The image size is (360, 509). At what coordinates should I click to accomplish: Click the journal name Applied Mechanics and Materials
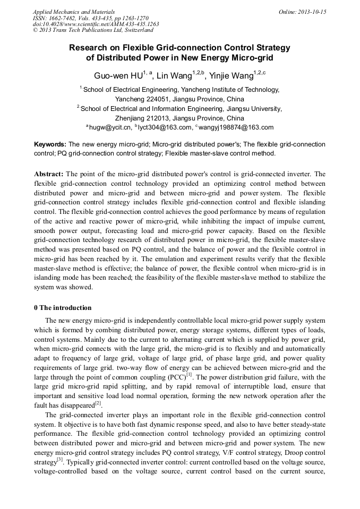coord(74,12)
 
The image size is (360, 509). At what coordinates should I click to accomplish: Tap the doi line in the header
coord(96,24)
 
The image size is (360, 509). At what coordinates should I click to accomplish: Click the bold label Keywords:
coord(50,144)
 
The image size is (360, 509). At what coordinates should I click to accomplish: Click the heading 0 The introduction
coord(63,308)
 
